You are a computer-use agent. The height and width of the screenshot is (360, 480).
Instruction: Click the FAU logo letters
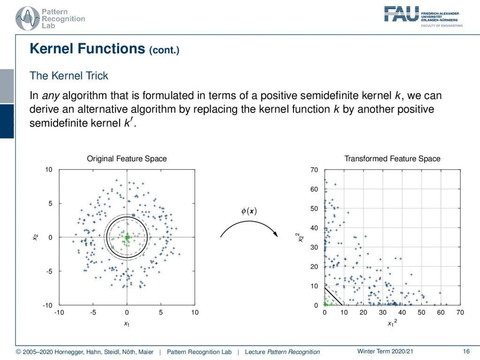pyautogui.click(x=402, y=14)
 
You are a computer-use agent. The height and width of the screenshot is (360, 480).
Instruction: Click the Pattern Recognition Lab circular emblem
pyautogui.click(x=28, y=19)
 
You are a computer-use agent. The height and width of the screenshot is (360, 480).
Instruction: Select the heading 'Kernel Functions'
pyautogui.click(x=87, y=49)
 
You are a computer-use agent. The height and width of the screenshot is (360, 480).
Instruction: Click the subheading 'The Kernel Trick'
pyautogui.click(x=69, y=75)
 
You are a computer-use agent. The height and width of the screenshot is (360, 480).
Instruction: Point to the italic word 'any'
pyautogui.click(x=51, y=96)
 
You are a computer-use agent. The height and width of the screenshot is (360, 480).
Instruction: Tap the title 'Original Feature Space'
pyautogui.click(x=127, y=158)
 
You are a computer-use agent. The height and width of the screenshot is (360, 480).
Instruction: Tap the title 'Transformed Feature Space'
pyautogui.click(x=392, y=158)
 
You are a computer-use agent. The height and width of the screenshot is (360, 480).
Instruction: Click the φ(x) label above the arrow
pyautogui.click(x=249, y=211)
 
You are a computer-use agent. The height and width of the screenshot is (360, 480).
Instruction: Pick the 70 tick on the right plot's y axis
pyautogui.click(x=314, y=170)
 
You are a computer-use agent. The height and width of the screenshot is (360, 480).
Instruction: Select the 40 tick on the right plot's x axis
pyautogui.click(x=402, y=312)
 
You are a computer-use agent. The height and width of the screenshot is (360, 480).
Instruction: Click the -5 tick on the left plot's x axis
pyautogui.click(x=93, y=312)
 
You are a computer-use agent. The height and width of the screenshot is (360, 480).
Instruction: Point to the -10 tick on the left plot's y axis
pyautogui.click(x=47, y=305)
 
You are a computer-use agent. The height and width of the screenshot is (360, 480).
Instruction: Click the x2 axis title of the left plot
pyautogui.click(x=36, y=237)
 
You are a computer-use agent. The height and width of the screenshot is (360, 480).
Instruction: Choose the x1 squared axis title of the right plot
pyautogui.click(x=392, y=322)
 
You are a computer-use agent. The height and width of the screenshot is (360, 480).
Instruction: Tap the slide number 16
pyautogui.click(x=466, y=352)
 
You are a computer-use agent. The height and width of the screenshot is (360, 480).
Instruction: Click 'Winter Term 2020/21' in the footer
pyautogui.click(x=385, y=352)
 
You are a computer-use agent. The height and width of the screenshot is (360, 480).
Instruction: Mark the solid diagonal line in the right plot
pyautogui.click(x=333, y=296)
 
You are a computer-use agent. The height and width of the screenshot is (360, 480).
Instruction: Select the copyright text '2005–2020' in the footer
pyautogui.click(x=37, y=352)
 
